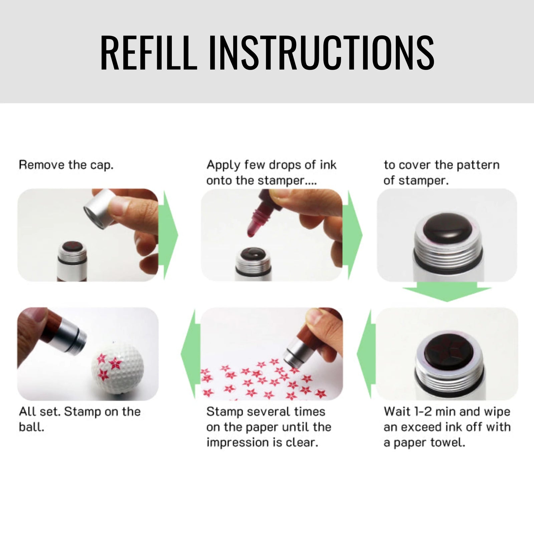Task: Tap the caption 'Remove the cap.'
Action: [66, 165]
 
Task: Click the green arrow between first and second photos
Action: [169, 235]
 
